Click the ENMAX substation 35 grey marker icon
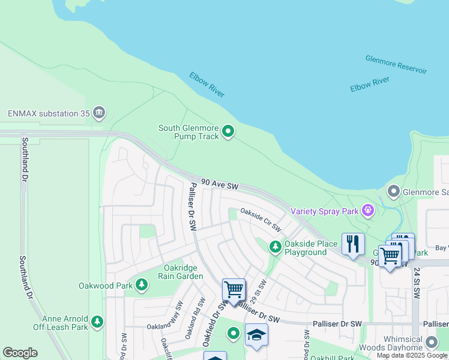tap(99, 113)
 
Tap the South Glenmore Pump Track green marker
tap(228, 131)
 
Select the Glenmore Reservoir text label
tap(396, 64)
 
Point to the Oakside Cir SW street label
tap(261, 220)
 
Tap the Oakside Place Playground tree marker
tap(275, 247)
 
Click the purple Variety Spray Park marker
tap(367, 211)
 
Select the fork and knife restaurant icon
tap(353, 244)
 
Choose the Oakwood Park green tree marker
tap(142, 285)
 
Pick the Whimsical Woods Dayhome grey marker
tap(431, 342)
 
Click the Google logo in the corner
tap(20, 353)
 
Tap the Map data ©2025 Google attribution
tap(411, 355)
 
